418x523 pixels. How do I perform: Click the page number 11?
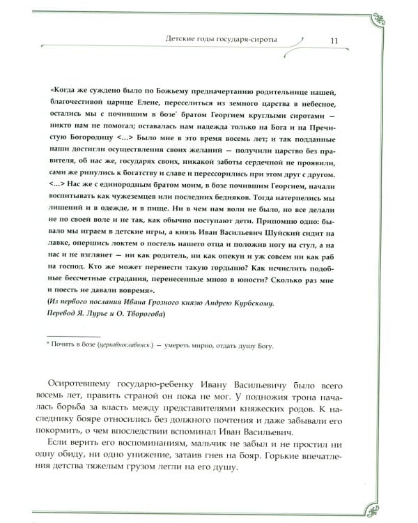pyautogui.click(x=334, y=40)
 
